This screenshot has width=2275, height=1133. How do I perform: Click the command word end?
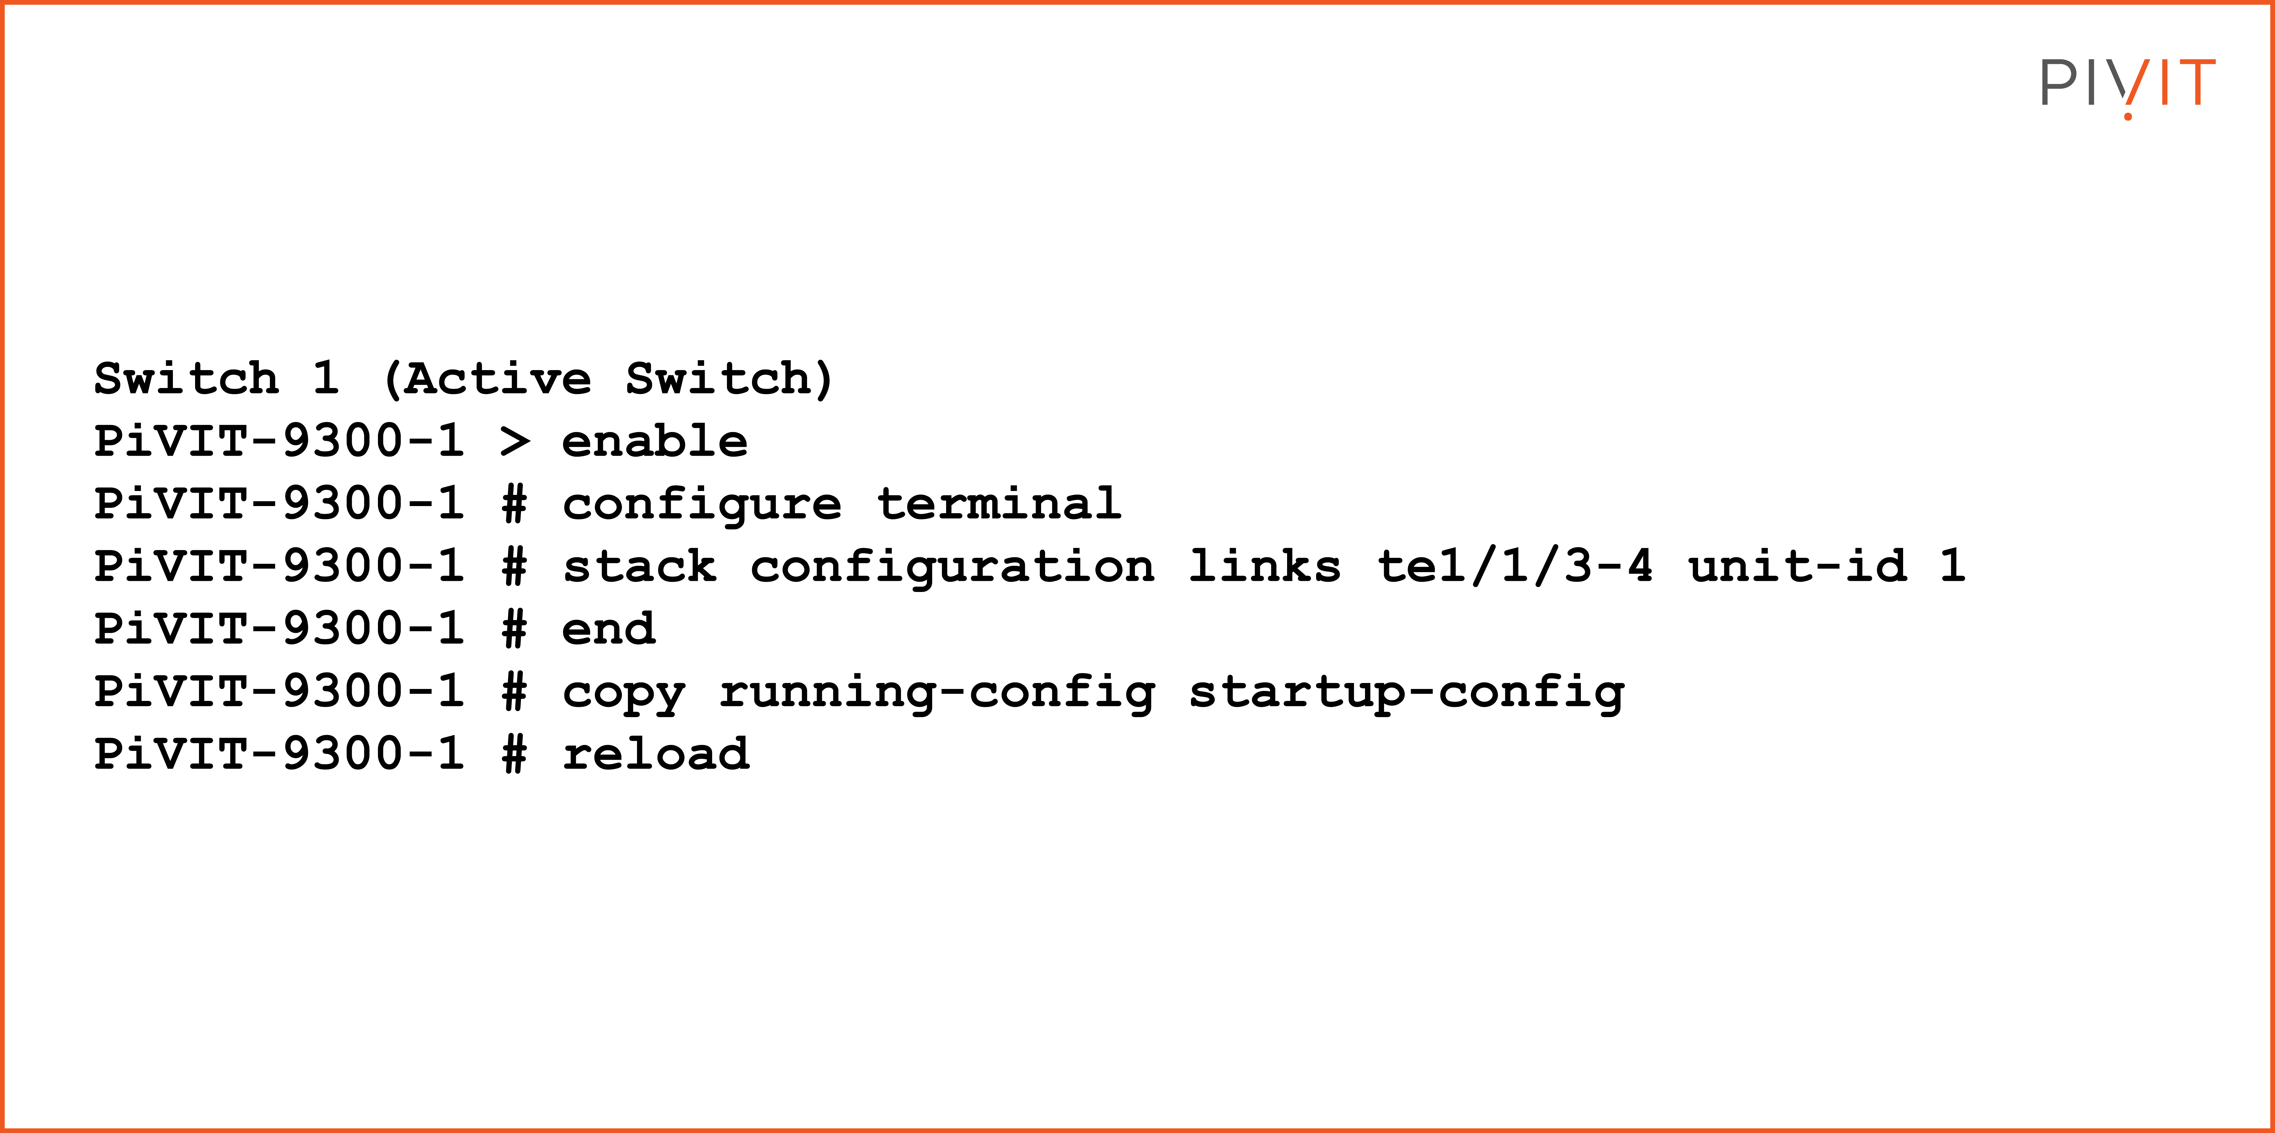(609, 629)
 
